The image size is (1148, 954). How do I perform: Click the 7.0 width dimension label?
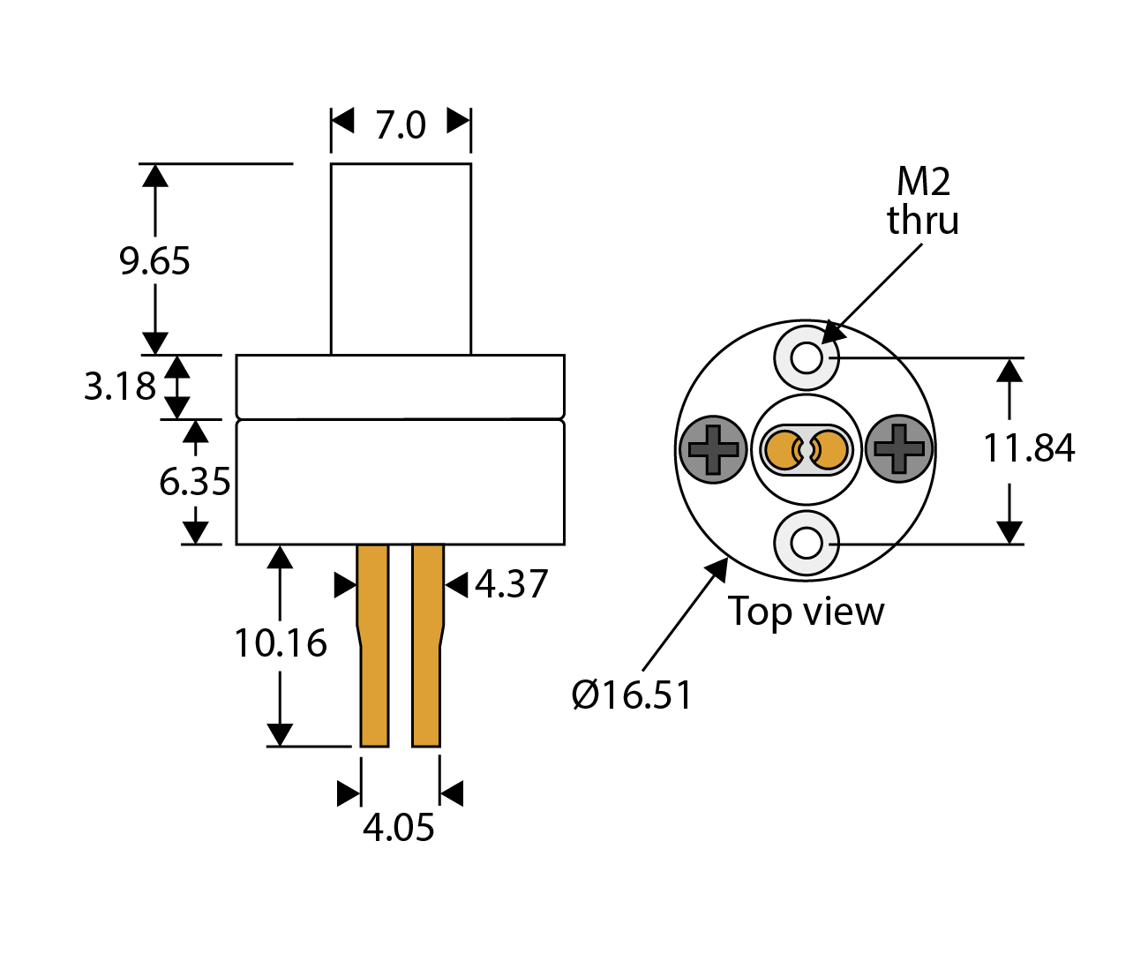click(401, 125)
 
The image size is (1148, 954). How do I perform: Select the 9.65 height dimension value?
click(155, 261)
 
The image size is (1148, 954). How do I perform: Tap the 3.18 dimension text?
click(119, 387)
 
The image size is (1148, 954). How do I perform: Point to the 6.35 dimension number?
click(194, 482)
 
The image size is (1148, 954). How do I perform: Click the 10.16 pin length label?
click(280, 643)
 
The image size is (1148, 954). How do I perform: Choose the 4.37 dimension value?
click(512, 584)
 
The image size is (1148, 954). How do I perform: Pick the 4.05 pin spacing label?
click(399, 828)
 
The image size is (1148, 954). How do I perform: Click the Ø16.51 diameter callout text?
click(632, 695)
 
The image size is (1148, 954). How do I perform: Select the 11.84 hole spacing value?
click(1029, 448)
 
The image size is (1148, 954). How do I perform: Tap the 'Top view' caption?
click(806, 612)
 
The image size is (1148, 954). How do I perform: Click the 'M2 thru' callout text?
click(923, 201)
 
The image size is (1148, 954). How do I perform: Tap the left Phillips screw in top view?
click(713, 449)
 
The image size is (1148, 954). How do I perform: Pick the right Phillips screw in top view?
click(899, 449)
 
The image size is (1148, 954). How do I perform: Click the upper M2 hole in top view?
click(807, 357)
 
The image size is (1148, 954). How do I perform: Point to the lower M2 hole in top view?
click(807, 543)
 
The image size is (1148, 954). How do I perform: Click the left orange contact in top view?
click(782, 450)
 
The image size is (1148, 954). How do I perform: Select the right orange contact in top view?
click(830, 450)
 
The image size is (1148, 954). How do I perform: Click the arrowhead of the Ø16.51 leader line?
click(720, 567)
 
